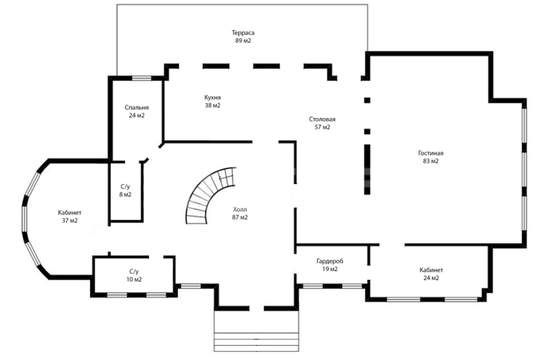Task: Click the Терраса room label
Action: coord(243,33)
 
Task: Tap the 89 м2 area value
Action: coord(243,41)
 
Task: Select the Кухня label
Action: coord(213,97)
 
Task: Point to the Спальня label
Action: coord(137,108)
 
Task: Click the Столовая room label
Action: coord(322,119)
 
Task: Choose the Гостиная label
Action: coord(431,153)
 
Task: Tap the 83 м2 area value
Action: coord(431,162)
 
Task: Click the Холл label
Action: coord(240,210)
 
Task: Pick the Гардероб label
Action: coord(330,261)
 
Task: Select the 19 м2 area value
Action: coord(330,269)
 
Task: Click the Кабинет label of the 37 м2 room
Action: coord(70,213)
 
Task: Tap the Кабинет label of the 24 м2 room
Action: coord(431,270)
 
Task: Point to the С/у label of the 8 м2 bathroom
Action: coord(125,187)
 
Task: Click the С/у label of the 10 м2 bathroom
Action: coord(134,272)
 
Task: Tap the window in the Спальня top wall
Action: coord(141,78)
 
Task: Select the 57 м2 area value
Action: coord(323,127)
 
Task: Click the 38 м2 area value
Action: coord(213,106)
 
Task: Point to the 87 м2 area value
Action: coord(240,217)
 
